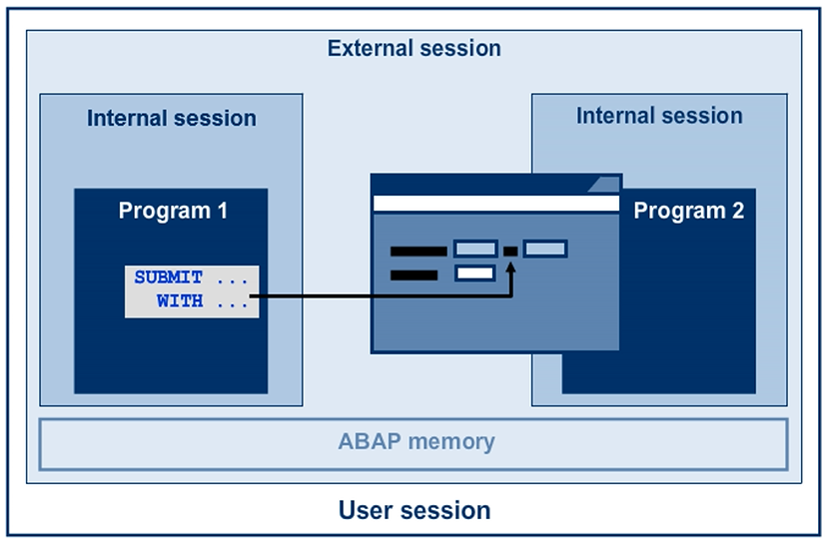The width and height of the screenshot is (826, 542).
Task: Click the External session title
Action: tap(413, 48)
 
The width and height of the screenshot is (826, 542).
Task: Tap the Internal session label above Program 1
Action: tap(171, 118)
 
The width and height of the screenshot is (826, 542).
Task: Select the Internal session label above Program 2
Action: tap(659, 116)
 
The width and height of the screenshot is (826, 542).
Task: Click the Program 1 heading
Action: tap(173, 211)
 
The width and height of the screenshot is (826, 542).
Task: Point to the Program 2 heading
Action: tap(688, 211)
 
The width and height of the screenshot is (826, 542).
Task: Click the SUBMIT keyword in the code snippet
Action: tap(169, 277)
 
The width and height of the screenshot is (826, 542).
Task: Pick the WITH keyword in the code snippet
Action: tap(180, 300)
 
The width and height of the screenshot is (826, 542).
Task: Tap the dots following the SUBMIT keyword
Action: tap(232, 278)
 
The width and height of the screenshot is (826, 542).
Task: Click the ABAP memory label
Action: tap(415, 441)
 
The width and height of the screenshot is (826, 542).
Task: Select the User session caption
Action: tap(414, 511)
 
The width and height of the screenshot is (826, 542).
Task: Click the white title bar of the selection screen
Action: tap(495, 204)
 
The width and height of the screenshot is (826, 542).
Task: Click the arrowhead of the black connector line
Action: tap(510, 268)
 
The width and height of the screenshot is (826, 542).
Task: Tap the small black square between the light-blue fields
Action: tap(509, 250)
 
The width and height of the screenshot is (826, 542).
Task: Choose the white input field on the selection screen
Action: tap(474, 272)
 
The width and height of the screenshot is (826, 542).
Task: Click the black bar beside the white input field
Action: tap(413, 273)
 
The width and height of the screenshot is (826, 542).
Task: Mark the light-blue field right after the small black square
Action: tap(544, 249)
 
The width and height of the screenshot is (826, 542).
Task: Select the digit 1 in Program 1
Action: tap(221, 211)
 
